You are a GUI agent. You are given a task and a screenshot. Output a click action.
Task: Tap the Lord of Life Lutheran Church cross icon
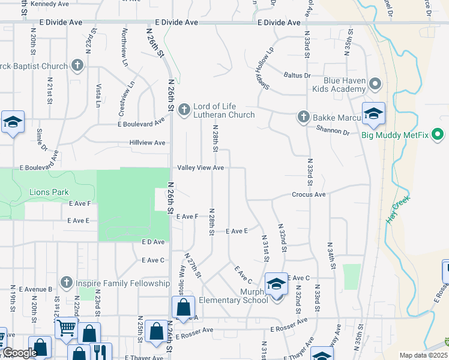coord(184,109)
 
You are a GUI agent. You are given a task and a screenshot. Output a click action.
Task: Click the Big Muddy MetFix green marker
coord(438,134)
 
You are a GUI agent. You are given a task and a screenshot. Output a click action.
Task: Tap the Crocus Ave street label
coord(309,194)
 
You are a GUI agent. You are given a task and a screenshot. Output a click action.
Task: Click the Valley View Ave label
coord(200,168)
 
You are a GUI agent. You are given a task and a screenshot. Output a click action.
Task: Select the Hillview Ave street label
coord(147,143)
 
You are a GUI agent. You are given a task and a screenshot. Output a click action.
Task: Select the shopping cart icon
coord(65,327)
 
